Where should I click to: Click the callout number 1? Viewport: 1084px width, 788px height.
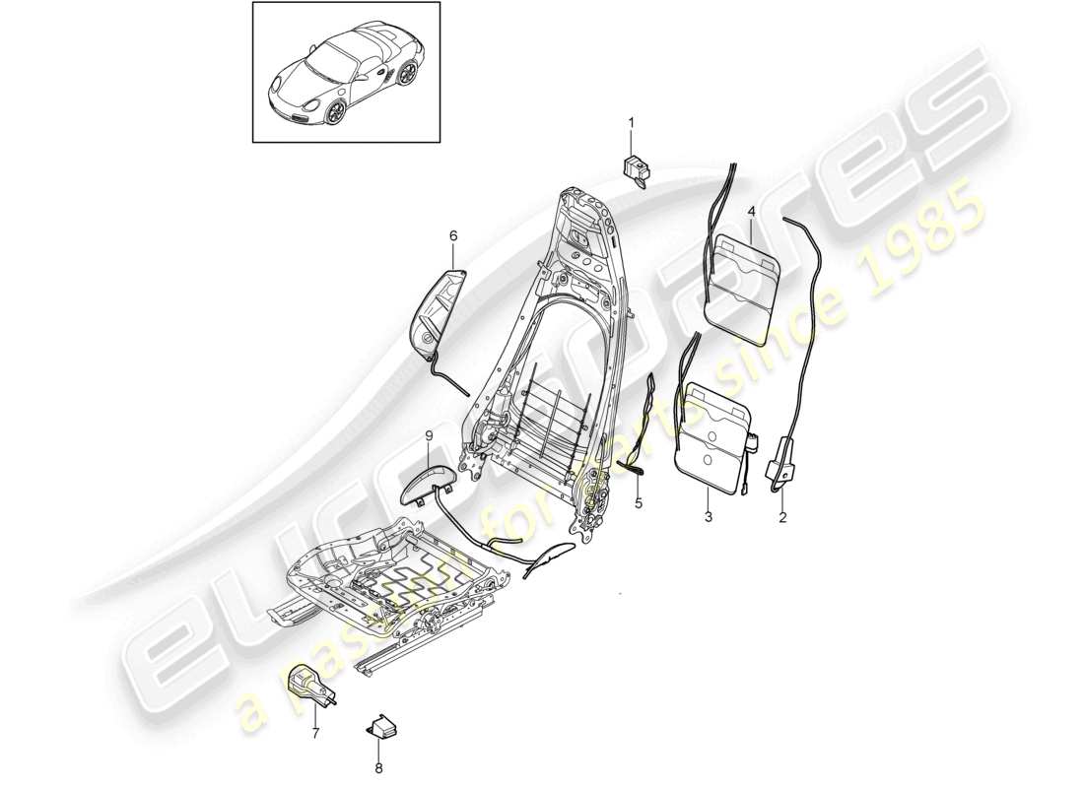click(632, 123)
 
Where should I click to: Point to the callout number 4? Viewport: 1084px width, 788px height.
click(751, 212)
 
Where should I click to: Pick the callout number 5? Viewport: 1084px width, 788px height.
click(638, 503)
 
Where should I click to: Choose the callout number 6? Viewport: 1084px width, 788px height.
click(453, 236)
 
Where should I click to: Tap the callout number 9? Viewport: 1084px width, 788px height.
click(429, 435)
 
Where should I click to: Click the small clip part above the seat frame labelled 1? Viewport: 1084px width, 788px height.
click(636, 168)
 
